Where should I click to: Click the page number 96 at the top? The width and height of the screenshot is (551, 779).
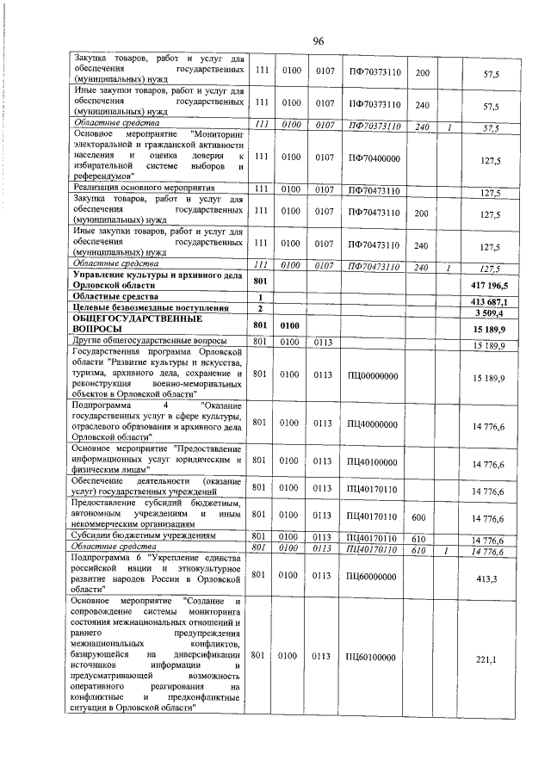tap(318, 41)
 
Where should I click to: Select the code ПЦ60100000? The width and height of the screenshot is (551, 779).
tap(374, 657)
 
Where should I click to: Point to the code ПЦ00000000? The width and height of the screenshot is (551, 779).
tap(374, 376)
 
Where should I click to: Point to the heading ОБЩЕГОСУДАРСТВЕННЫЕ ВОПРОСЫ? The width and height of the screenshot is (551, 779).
tap(126, 323)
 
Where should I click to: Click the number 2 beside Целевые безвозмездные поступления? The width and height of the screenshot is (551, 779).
tap(259, 307)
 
